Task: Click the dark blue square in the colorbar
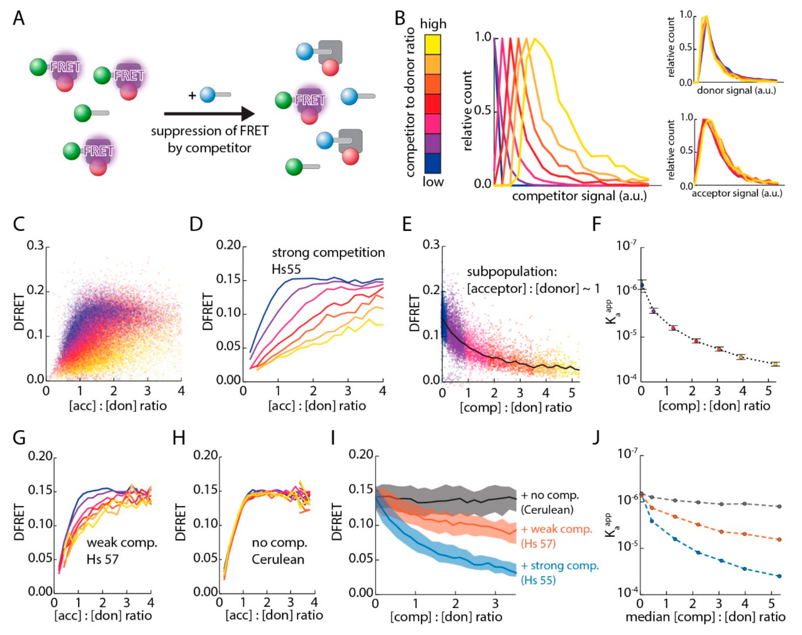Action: tap(433, 163)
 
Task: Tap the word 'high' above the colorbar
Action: tap(433, 24)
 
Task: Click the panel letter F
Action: tap(596, 224)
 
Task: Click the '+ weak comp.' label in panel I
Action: tap(556, 529)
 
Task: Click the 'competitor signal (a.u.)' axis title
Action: tap(579, 196)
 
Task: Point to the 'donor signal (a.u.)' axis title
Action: tap(736, 90)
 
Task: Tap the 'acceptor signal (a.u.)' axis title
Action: tap(737, 193)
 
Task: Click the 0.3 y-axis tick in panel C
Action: tap(35, 246)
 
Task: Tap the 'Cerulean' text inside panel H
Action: tap(278, 559)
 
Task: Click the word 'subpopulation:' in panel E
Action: tap(512, 272)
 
